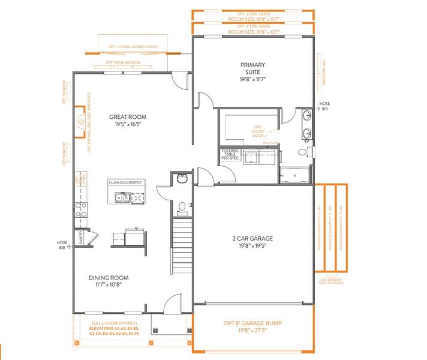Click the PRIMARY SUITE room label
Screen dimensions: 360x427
point(252,71)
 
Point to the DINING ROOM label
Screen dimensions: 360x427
point(109,281)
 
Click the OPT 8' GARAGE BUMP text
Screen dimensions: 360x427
point(252,327)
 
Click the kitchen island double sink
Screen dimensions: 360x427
point(122,197)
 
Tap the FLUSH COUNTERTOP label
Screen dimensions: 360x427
point(125,182)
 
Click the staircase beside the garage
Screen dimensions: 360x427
point(182,246)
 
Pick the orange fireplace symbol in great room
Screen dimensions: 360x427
point(80,123)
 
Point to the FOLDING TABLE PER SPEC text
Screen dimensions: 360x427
point(230,154)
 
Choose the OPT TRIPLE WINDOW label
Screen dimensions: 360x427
point(123,62)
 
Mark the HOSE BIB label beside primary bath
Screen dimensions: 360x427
point(324,106)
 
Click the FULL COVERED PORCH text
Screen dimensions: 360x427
point(109,323)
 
